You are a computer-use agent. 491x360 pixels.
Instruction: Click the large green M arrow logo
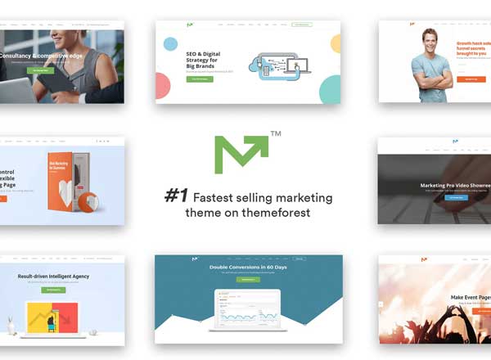pyautogui.click(x=241, y=154)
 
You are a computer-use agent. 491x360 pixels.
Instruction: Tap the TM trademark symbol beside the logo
pyautogui.click(x=275, y=133)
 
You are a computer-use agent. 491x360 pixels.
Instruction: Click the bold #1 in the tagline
pyautogui.click(x=177, y=196)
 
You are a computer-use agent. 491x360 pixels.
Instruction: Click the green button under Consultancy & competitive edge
pyautogui.click(x=40, y=71)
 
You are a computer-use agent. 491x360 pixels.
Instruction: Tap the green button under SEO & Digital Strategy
pyautogui.click(x=200, y=79)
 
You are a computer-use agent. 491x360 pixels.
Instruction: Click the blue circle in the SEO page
pyautogui.click(x=170, y=43)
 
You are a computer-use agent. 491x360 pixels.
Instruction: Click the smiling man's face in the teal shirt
pyautogui.click(x=430, y=40)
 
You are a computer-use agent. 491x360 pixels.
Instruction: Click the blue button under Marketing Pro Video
pyautogui.click(x=454, y=197)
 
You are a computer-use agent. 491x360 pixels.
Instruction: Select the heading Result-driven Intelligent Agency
pyautogui.click(x=54, y=277)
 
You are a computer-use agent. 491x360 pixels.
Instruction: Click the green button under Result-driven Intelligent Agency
pyautogui.click(x=54, y=290)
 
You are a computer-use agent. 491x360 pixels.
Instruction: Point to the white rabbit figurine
pyautogui.click(x=11, y=325)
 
